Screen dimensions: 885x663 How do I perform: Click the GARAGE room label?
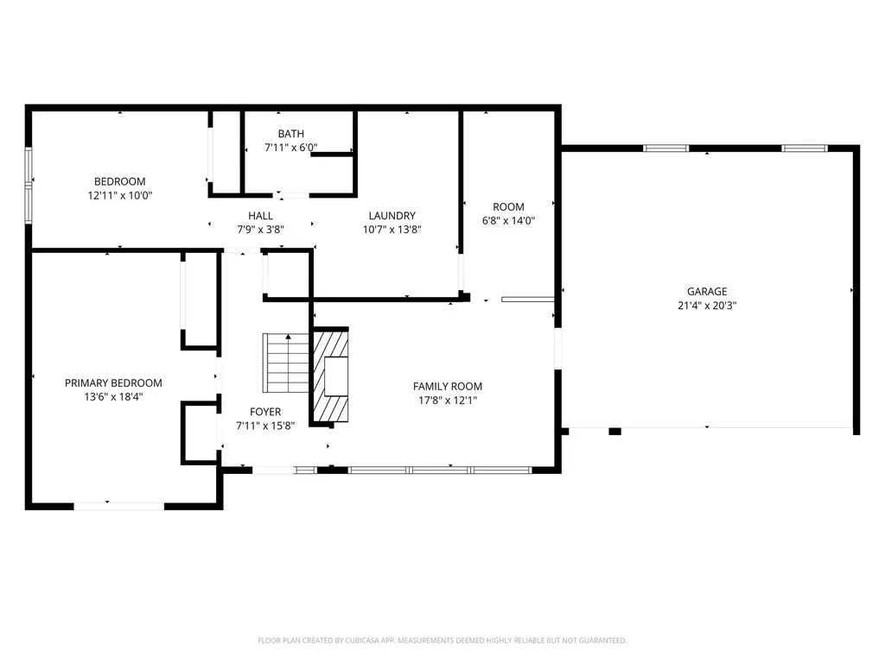(x=707, y=292)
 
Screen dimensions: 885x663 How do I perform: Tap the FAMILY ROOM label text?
(x=448, y=386)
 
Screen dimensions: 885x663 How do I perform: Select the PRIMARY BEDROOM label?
(x=113, y=382)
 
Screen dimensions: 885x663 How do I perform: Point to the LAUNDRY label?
(x=392, y=215)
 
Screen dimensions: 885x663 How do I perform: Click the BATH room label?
(x=290, y=134)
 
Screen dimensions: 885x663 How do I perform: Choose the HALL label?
(x=260, y=215)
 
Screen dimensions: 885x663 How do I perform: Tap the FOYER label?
(x=265, y=412)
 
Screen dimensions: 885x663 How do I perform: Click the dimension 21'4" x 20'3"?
(x=707, y=306)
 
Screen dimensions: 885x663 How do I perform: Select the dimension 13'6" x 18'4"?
(x=113, y=397)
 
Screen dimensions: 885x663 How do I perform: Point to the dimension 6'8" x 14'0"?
(x=508, y=221)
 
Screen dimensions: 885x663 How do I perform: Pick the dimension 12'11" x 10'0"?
(x=119, y=196)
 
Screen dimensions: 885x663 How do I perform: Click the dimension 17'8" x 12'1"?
(x=448, y=401)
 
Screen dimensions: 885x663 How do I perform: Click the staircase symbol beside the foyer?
(x=286, y=363)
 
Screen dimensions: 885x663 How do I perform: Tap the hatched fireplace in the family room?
(x=331, y=375)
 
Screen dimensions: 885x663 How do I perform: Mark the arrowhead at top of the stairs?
(x=289, y=337)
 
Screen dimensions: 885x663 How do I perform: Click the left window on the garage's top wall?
(x=666, y=148)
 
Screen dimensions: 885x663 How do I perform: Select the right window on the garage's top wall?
(x=805, y=148)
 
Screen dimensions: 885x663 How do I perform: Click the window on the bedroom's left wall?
(x=29, y=185)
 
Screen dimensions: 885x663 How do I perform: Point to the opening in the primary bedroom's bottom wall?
(x=119, y=506)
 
